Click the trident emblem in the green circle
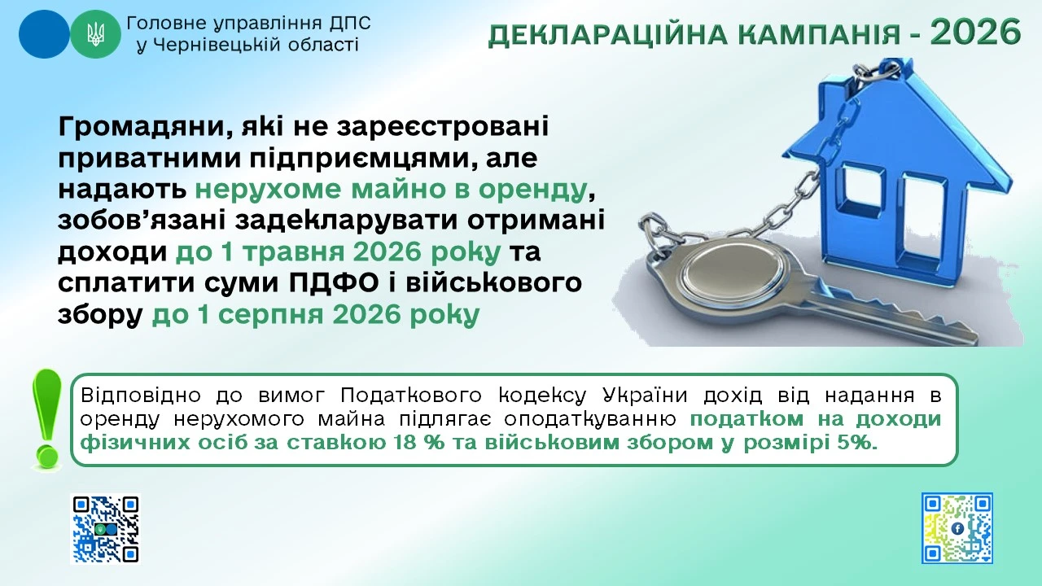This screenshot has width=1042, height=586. click(x=95, y=34)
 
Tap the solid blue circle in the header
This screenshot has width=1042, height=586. click(x=44, y=34)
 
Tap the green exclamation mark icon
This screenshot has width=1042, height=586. click(x=46, y=418)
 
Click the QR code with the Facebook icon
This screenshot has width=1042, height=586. click(x=957, y=528)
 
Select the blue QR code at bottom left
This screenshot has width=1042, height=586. click(x=105, y=529)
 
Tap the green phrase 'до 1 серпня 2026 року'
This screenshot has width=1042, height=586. click(x=313, y=316)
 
